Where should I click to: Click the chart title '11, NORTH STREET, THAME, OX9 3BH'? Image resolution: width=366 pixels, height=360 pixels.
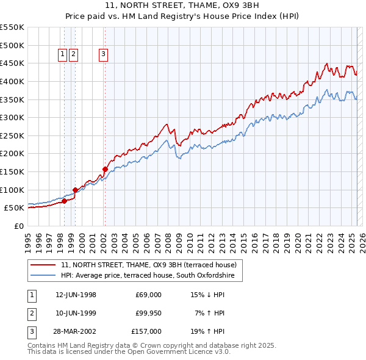(x=182, y=7)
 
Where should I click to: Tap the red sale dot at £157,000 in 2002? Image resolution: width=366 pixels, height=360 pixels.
(x=105, y=169)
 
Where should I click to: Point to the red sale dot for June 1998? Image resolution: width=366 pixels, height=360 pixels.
(x=64, y=201)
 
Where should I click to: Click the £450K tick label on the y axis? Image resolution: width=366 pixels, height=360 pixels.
(x=12, y=63)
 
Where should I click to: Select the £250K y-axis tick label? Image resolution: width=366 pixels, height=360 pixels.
(x=12, y=135)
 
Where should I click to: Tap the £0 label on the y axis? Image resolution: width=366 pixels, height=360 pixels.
(x=18, y=226)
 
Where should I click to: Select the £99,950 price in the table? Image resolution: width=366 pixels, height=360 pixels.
(x=148, y=313)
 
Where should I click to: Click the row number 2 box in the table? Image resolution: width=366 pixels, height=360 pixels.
(x=31, y=313)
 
